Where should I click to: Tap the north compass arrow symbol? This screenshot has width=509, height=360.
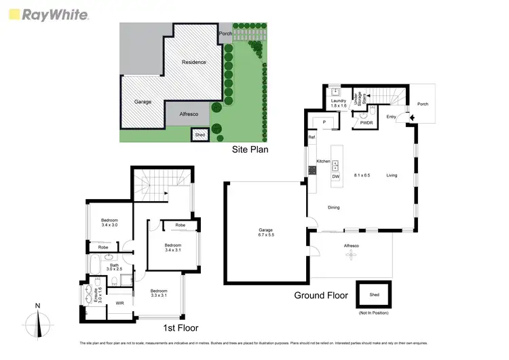click(x=39, y=321)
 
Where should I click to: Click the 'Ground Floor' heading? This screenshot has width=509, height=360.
click(x=321, y=295)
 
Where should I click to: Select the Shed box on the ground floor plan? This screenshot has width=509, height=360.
click(x=375, y=295)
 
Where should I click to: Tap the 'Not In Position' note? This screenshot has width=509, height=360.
click(x=375, y=312)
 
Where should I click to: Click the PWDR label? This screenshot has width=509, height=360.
click(x=366, y=123)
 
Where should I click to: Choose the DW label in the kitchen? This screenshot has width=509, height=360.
click(x=335, y=177)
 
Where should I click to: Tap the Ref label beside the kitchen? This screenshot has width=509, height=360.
click(x=312, y=138)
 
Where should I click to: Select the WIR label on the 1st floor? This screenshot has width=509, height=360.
click(x=119, y=302)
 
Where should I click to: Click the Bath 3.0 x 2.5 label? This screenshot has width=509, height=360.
click(x=110, y=268)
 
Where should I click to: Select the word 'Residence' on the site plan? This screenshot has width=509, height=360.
click(x=193, y=62)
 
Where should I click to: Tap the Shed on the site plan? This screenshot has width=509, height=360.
click(x=200, y=135)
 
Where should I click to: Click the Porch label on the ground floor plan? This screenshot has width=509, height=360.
click(x=423, y=104)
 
